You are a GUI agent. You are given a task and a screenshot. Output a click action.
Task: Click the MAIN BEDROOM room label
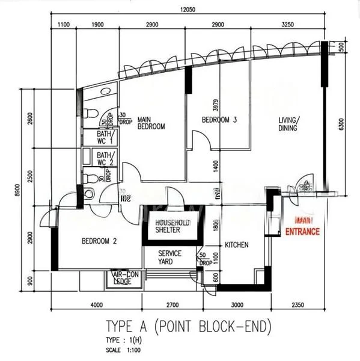pyautogui.click(x=151, y=123)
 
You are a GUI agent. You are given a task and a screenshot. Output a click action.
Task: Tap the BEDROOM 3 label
pyautogui.click(x=219, y=120)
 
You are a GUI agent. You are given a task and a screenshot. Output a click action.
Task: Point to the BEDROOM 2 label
pyautogui.click(x=99, y=241)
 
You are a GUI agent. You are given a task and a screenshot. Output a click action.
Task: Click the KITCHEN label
pyautogui.click(x=237, y=245)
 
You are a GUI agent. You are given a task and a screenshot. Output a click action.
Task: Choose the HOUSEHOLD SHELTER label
pyautogui.click(x=172, y=226)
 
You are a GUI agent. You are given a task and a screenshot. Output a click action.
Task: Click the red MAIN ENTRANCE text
pyautogui.click(x=302, y=227)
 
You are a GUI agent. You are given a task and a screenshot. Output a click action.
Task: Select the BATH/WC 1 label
pyautogui.click(x=106, y=137)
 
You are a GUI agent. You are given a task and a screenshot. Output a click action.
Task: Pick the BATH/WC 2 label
pyautogui.click(x=106, y=159)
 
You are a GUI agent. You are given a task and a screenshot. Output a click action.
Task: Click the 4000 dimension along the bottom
pyautogui.click(x=97, y=304)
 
